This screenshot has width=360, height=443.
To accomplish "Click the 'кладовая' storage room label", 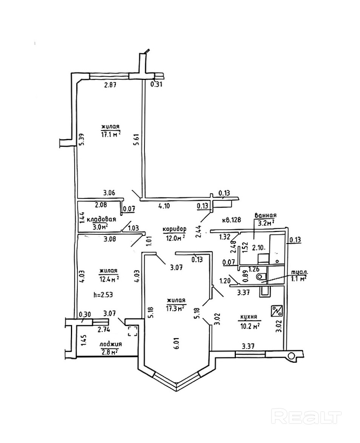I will pyautogui.click(x=101, y=219).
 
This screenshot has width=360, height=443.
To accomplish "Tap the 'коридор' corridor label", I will pyautogui.click(x=175, y=229).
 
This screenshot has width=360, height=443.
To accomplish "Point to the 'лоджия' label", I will pyautogui.click(x=110, y=345).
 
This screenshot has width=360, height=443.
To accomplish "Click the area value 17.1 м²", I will pyautogui.click(x=111, y=134).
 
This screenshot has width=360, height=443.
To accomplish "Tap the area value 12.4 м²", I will pyautogui.click(x=109, y=279).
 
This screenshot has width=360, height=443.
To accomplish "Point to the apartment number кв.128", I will pyautogui.click(x=231, y=219).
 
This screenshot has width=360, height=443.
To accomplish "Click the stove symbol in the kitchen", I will pyautogui.click(x=277, y=311).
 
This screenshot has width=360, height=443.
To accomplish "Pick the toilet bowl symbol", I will pyautogui.click(x=261, y=277).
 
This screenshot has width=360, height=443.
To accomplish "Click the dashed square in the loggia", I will pyautogui.click(x=133, y=332).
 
